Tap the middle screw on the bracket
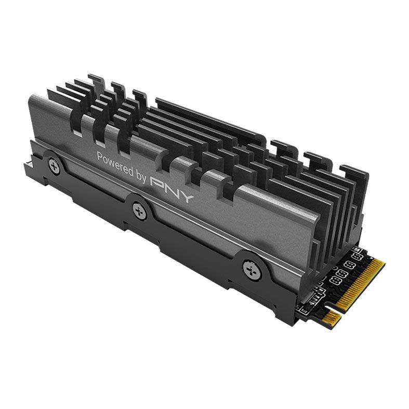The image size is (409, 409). pos(139,211)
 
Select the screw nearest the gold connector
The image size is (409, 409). pos(252,269)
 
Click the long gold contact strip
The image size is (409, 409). pos(361,284)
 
